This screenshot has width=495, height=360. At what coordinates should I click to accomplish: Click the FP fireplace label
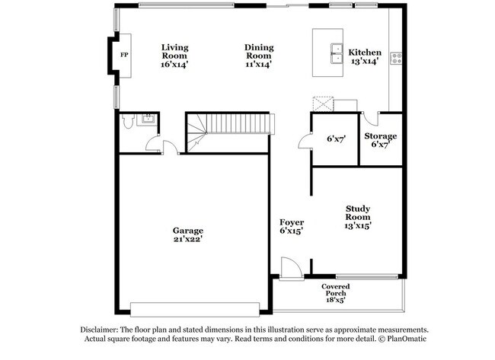coord(124,55)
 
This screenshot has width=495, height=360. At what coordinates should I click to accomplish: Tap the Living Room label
coord(174,47)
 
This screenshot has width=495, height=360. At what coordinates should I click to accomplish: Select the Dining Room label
coord(259,47)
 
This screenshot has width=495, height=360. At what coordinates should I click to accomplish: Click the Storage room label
coord(384,136)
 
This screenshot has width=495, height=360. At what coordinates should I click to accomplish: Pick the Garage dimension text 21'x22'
coord(187,240)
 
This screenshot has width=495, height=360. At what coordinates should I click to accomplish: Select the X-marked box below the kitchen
coord(323,104)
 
